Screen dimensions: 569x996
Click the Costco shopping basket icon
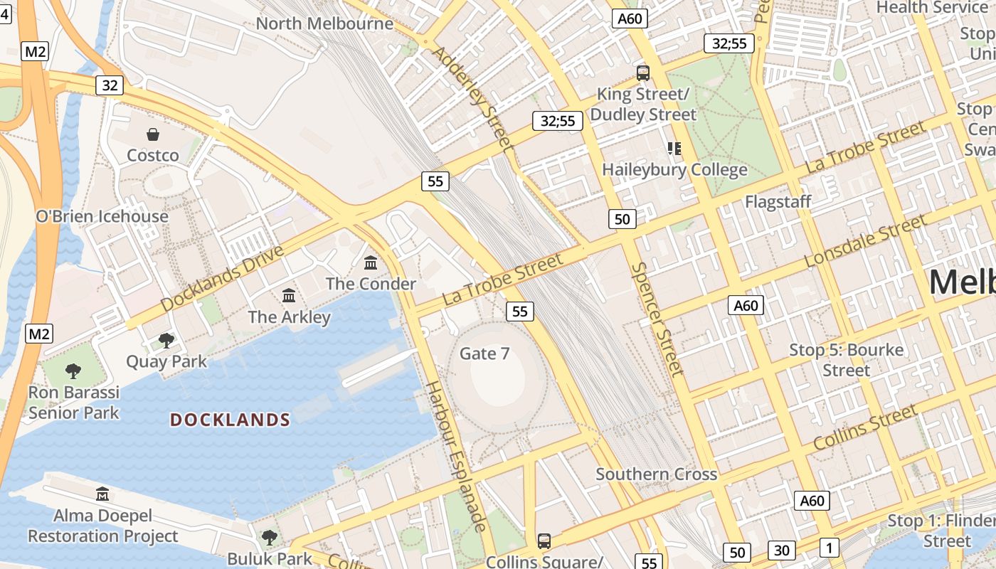pyautogui.click(x=153, y=134)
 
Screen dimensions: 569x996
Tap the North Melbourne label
pyautogui.click(x=324, y=23)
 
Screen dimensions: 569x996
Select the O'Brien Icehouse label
pyautogui.click(x=102, y=216)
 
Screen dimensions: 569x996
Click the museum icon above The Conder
pyautogui.click(x=371, y=263)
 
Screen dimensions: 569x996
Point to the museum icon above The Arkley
pyautogui.click(x=289, y=295)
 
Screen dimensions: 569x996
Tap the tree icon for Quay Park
pyautogui.click(x=166, y=341)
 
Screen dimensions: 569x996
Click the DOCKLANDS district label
pyautogui.click(x=230, y=420)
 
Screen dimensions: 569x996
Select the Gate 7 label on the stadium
pyautogui.click(x=484, y=353)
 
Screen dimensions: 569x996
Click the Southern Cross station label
pyautogui.click(x=657, y=474)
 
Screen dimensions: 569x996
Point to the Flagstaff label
pyautogui.click(x=778, y=201)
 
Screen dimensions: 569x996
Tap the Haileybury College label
pyautogui.click(x=674, y=169)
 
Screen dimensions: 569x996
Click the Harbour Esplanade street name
pyautogui.click(x=456, y=456)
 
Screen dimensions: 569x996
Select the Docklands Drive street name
pyautogui.click(x=222, y=278)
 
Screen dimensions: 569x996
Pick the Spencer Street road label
pyautogui.click(x=657, y=318)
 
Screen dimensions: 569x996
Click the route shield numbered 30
pyautogui.click(x=782, y=550)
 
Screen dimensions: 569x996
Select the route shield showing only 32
pyautogui.click(x=110, y=85)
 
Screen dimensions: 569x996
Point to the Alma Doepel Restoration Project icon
pyautogui.click(x=102, y=494)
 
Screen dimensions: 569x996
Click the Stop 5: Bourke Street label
pyautogui.click(x=847, y=360)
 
